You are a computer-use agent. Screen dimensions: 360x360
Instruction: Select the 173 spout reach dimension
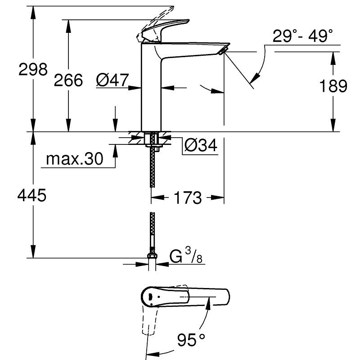[x=188, y=197]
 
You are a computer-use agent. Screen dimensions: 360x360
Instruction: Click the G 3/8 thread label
[x=185, y=257]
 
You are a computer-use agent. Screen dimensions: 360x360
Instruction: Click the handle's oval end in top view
[x=151, y=296]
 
